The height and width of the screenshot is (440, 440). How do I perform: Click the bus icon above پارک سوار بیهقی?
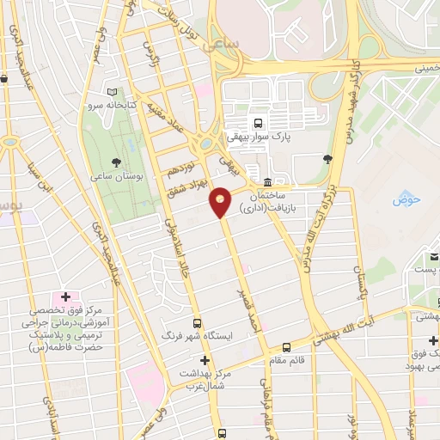pyautogui.click(x=259, y=123)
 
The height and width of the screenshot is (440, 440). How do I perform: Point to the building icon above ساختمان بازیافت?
pyautogui.click(x=268, y=183)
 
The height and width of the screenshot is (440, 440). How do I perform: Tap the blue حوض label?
pyautogui.click(x=404, y=200)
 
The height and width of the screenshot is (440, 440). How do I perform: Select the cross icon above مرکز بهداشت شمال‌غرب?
pyautogui.click(x=205, y=361)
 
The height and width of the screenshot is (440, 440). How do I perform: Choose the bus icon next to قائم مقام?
pyautogui.click(x=286, y=348)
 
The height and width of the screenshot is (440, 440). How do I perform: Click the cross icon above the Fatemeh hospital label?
pyautogui.click(x=65, y=296)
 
